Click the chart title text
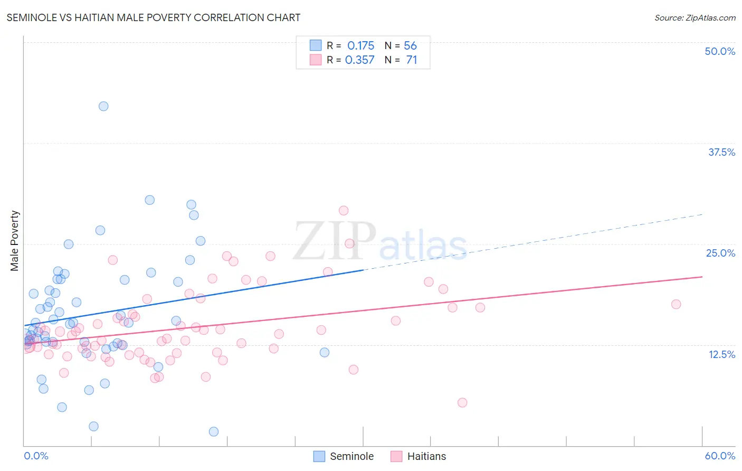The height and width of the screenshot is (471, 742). (154, 17)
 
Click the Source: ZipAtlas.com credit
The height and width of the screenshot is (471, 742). (695, 17)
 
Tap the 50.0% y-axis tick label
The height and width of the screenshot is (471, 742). (720, 51)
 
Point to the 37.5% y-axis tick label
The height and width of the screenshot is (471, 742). (721, 152)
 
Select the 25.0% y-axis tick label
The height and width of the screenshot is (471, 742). (720, 253)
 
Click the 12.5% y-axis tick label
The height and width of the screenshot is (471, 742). (721, 354)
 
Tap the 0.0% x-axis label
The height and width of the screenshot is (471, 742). (36, 456)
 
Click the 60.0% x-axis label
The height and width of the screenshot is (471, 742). (720, 456)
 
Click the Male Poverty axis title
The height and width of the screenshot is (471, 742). (15, 241)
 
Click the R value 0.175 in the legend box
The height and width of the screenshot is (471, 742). (360, 46)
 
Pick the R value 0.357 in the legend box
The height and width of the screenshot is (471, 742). (359, 60)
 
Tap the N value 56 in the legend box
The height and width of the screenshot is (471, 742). (410, 46)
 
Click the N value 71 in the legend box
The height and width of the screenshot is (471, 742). (411, 60)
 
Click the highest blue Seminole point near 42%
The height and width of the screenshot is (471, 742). (103, 106)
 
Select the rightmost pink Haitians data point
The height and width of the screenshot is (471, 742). (676, 304)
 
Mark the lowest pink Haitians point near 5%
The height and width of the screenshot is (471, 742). (462, 402)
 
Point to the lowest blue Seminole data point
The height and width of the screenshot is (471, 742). (214, 431)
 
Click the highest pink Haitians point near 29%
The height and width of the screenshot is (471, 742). (344, 210)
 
